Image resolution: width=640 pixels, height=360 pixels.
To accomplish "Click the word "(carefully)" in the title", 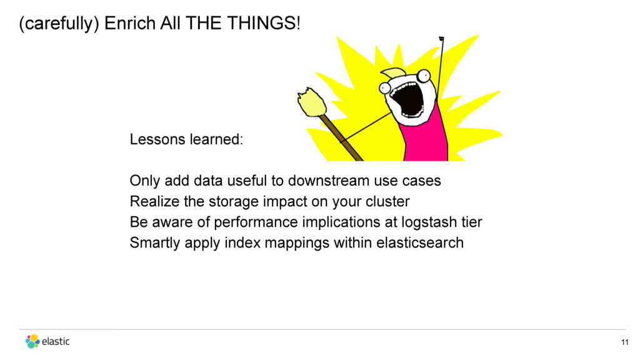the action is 59,24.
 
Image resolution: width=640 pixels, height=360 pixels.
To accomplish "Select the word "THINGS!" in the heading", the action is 264,23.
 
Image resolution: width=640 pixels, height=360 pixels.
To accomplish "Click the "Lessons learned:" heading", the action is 186,139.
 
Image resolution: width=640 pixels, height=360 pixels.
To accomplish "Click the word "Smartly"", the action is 155,243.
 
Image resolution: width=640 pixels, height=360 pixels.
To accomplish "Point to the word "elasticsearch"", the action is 420,243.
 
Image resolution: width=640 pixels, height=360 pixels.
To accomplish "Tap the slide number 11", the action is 624,342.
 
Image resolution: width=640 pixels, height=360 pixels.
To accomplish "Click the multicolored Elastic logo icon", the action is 32,341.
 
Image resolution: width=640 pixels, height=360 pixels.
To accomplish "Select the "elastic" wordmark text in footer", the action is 56,341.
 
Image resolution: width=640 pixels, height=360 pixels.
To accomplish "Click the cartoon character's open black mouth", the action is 406,99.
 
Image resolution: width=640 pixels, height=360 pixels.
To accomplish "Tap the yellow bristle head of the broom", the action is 311,102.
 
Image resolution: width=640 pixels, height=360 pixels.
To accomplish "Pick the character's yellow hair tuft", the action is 393,73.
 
